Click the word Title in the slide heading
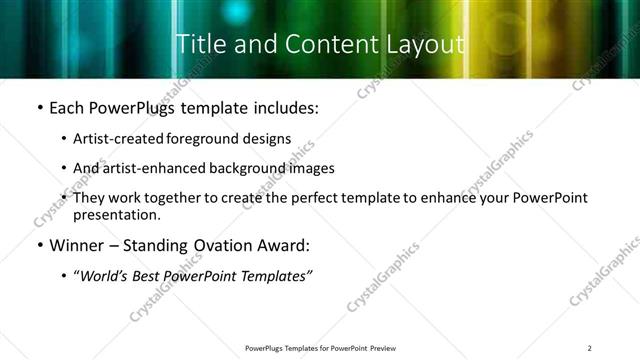pyautogui.click(x=197, y=44)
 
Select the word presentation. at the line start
pyautogui.click(x=117, y=214)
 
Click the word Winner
pyautogui.click(x=74, y=246)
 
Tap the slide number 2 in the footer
pyautogui.click(x=590, y=348)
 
